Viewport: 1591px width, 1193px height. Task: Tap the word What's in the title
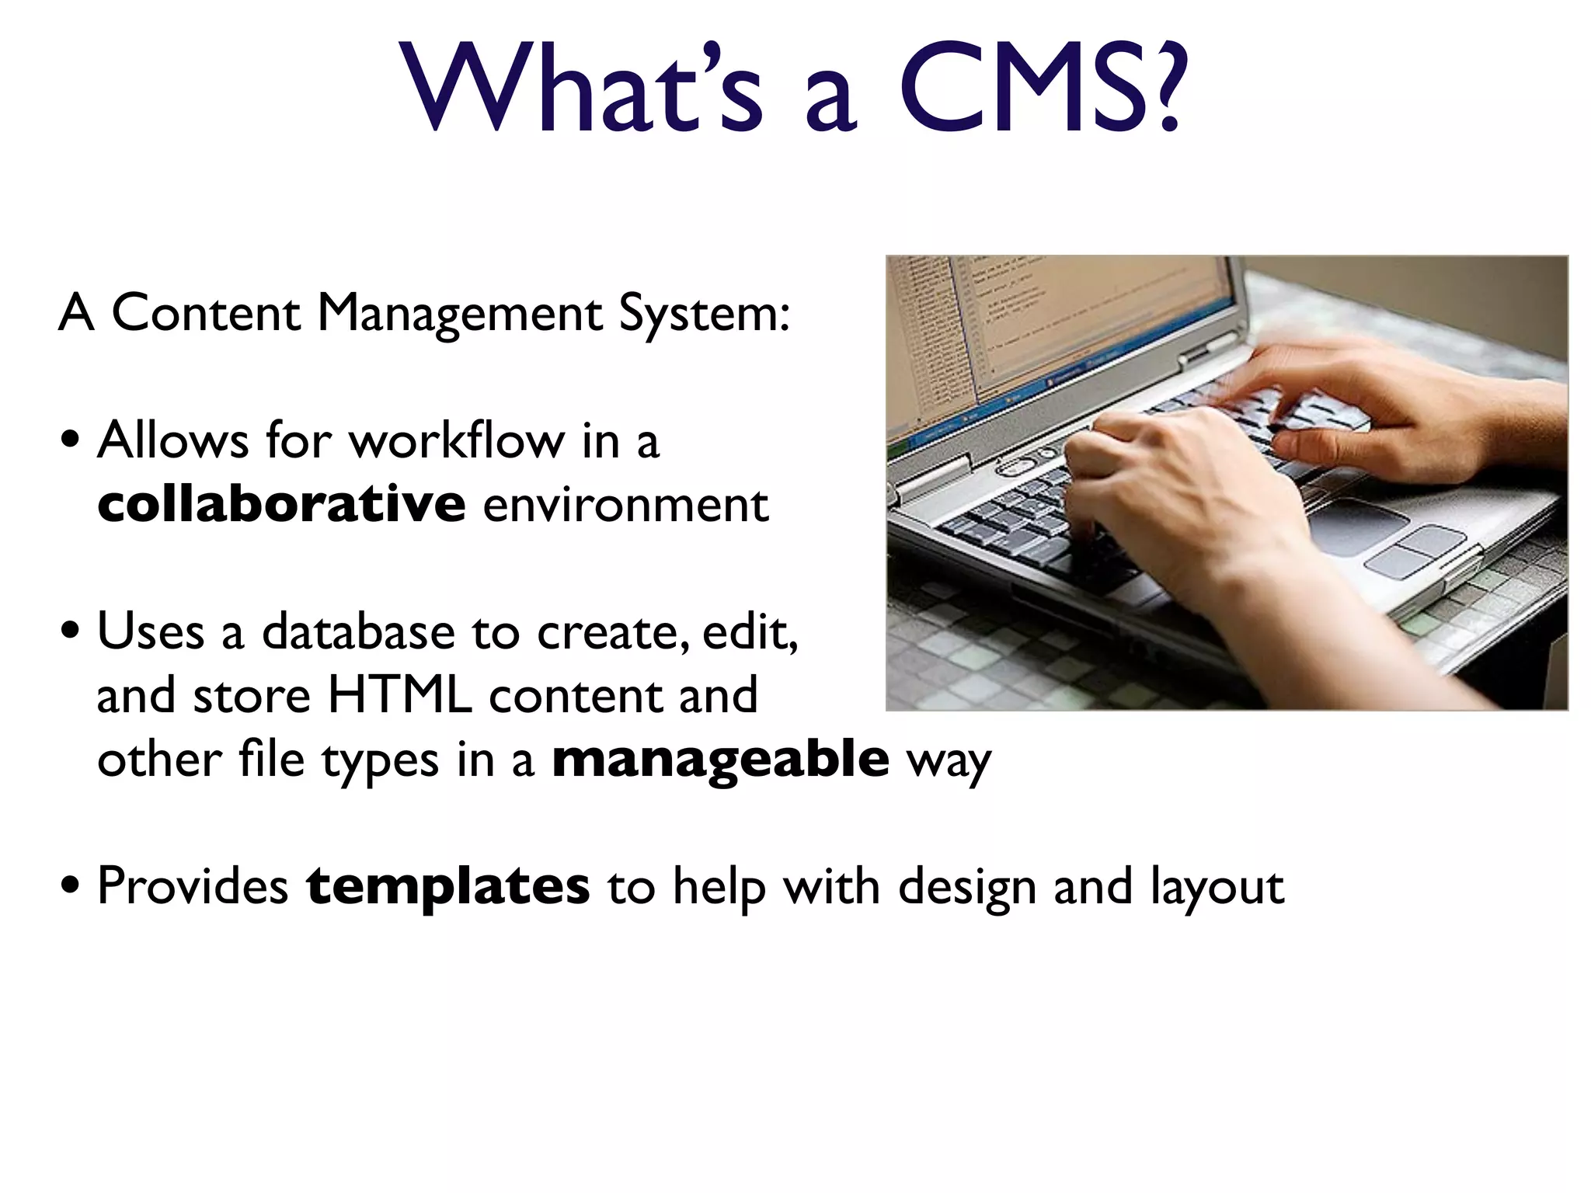583,87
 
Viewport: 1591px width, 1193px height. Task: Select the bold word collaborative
281,504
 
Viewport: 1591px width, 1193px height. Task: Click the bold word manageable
720,759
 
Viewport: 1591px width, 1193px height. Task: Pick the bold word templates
447,886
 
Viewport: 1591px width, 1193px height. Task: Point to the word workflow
457,440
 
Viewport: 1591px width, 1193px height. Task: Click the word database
358,631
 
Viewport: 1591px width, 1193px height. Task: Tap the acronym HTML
400,695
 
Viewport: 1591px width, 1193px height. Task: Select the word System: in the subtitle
704,315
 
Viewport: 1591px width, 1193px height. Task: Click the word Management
460,315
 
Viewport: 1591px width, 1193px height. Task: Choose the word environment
625,506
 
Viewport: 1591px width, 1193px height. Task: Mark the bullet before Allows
71,440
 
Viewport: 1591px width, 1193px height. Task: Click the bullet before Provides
71,885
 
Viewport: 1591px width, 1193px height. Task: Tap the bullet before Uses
71,631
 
